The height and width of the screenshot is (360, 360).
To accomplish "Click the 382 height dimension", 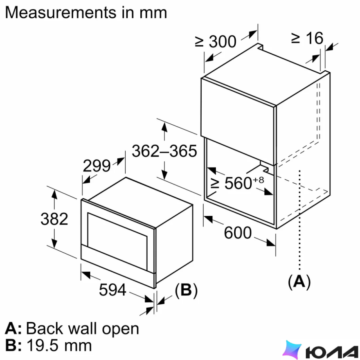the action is (x=54, y=219).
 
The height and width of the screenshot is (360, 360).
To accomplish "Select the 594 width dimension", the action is (x=113, y=290).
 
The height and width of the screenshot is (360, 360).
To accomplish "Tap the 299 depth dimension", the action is (x=97, y=166).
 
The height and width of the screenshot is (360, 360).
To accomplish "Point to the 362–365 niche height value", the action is (x=164, y=151).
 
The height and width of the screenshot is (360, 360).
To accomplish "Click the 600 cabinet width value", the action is (x=238, y=233).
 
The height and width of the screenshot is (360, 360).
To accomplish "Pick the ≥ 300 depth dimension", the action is (x=216, y=42).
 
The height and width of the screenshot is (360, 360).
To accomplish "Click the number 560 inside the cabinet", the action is (x=238, y=183).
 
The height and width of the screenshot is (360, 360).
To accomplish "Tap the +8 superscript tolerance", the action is (x=258, y=180).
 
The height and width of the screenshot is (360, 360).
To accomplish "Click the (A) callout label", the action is (x=299, y=281).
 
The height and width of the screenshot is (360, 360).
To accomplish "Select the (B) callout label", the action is (x=186, y=290).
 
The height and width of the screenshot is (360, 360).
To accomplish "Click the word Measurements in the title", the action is (x=61, y=12).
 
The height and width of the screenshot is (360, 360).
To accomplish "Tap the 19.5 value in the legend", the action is (x=43, y=345).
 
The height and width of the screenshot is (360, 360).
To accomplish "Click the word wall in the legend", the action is (x=83, y=328).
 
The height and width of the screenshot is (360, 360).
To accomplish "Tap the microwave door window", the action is (x=117, y=241).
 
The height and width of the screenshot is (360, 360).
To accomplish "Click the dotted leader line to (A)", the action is (x=299, y=220).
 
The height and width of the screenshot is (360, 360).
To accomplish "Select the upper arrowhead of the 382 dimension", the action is (x=54, y=194).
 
